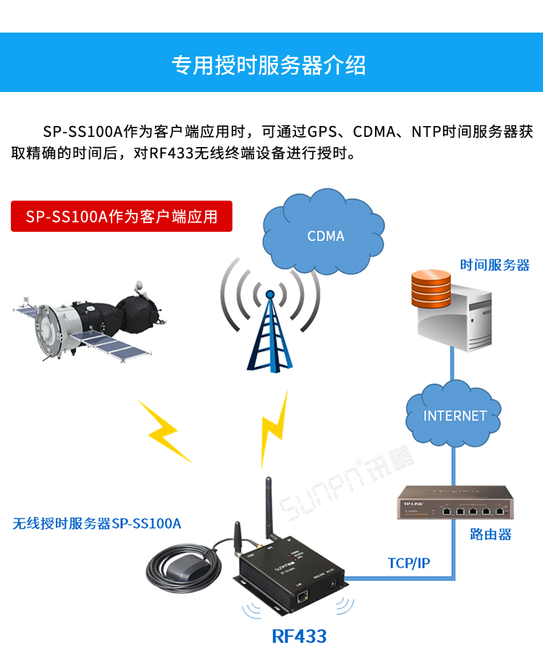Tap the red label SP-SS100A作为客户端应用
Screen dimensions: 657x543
point(122,217)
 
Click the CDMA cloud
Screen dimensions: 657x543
point(325,233)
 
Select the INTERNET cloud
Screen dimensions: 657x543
point(455,414)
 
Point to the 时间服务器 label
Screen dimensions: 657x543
point(494,264)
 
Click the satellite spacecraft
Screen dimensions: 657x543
point(94,319)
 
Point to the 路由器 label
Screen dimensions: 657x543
point(490,534)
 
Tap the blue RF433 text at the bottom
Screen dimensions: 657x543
point(299,636)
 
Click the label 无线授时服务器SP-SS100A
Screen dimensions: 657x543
point(97,523)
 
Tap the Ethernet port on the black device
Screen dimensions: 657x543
point(303,596)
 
